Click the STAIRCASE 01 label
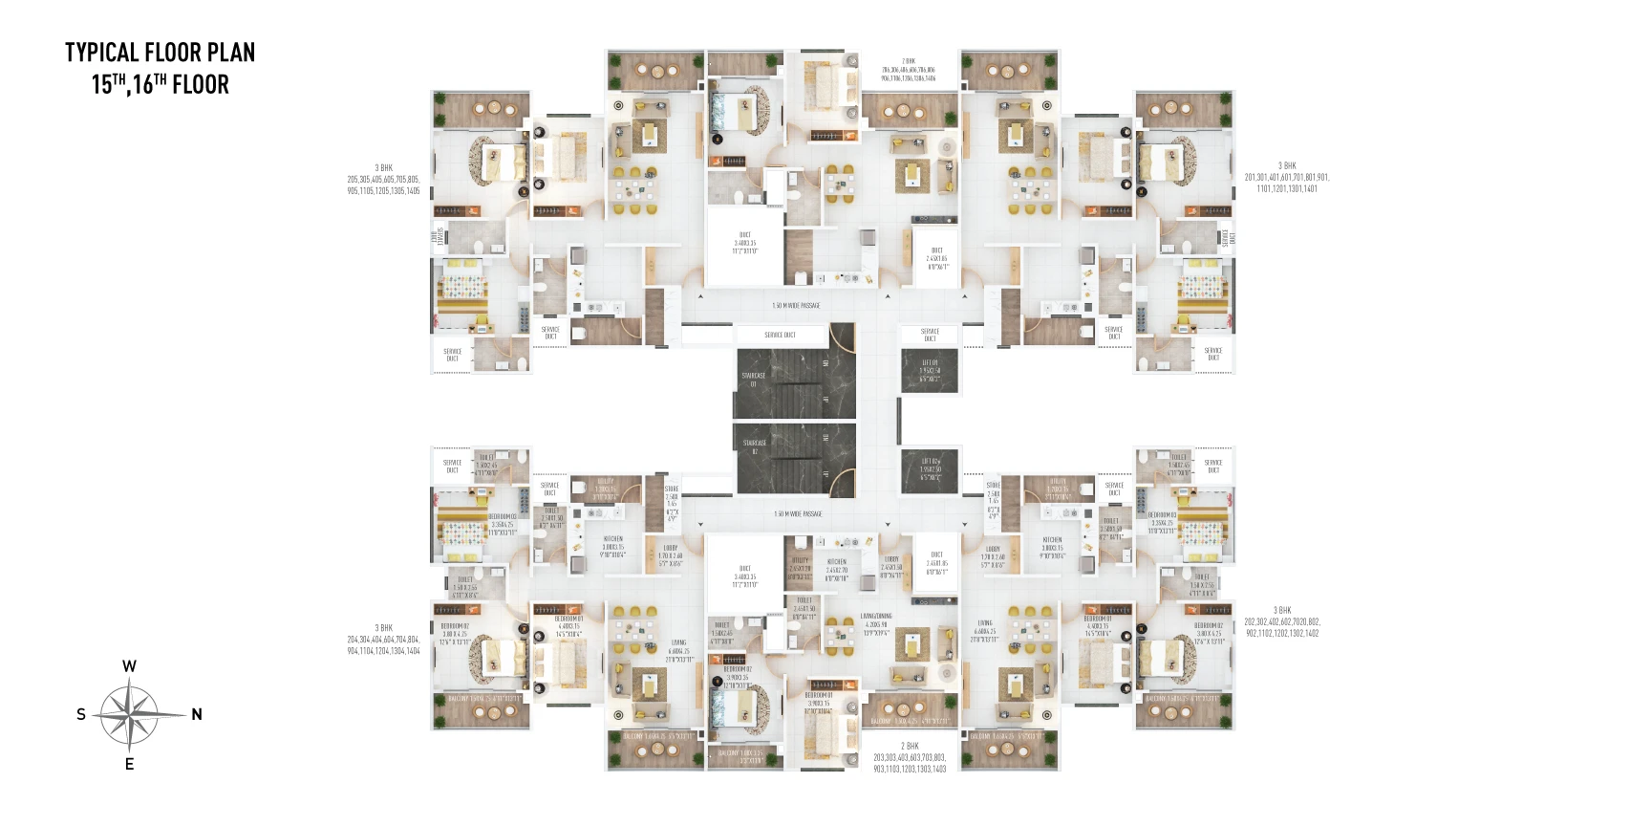click(753, 380)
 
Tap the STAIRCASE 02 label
click(754, 446)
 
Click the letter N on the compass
click(197, 714)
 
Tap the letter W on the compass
click(129, 666)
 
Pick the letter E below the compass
click(129, 764)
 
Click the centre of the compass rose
click(129, 714)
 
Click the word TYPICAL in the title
click(102, 53)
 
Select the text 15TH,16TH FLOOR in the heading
click(161, 84)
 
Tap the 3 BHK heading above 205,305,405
click(383, 168)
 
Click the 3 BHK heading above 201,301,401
click(1287, 165)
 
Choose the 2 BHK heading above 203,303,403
click(910, 746)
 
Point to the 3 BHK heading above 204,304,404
click(383, 628)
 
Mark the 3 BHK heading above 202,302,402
click(1282, 610)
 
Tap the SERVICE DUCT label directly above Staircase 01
click(780, 336)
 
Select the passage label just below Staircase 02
click(797, 514)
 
